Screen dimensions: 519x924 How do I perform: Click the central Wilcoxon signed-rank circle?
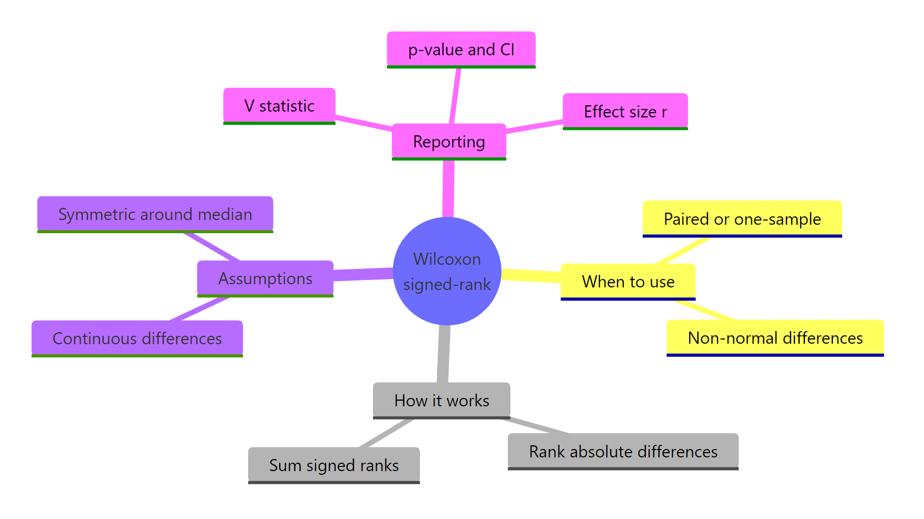tap(447, 271)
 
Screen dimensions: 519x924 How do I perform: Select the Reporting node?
tap(449, 142)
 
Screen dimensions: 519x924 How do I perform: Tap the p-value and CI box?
tap(461, 49)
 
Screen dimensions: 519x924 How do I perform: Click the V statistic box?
tap(279, 106)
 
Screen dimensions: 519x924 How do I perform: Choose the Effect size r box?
tap(625, 112)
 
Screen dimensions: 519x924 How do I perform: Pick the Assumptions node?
tap(265, 278)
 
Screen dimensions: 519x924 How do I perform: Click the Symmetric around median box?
tap(155, 214)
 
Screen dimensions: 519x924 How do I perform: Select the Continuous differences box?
tap(137, 338)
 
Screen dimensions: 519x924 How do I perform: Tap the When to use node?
tap(628, 282)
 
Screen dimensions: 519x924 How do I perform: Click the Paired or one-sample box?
tap(742, 219)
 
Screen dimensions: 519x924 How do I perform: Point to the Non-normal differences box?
tap(775, 338)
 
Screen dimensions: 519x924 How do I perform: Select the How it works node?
tap(441, 401)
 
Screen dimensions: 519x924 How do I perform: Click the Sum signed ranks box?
tap(333, 465)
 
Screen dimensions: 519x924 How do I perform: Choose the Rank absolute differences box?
tap(623, 452)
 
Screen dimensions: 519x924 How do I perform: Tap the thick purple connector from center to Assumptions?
tap(363, 274)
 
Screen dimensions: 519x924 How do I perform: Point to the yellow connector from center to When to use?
tap(531, 275)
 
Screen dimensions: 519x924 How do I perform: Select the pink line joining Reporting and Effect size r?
tap(534, 126)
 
